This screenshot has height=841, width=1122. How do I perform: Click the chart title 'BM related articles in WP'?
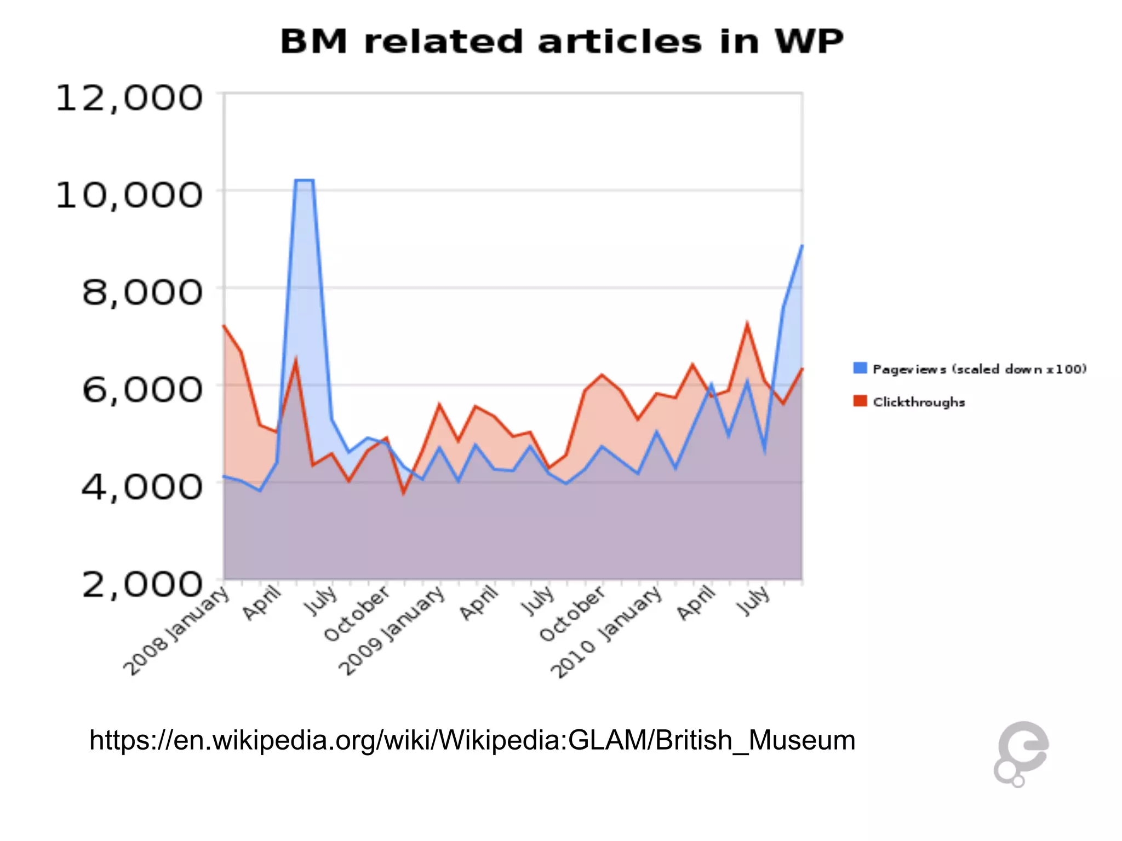[x=562, y=42]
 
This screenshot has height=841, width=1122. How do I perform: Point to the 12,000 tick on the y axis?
[x=129, y=99]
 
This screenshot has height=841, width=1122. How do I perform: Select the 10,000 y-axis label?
[x=129, y=195]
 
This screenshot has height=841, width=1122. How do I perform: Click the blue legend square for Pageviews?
[x=860, y=368]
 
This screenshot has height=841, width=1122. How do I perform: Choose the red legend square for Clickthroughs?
[x=860, y=401]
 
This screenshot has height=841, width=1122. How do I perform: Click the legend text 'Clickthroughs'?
[x=919, y=402]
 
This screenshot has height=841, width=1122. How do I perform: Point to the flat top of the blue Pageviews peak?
[x=304, y=180]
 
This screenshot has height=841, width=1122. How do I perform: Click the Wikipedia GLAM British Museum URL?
[x=472, y=740]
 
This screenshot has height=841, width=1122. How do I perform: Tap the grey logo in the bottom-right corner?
[x=1021, y=753]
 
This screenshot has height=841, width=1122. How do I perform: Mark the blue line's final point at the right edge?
[x=802, y=246]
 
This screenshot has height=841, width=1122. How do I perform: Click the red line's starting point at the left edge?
[x=224, y=326]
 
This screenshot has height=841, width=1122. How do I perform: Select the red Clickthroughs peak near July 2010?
[x=747, y=324]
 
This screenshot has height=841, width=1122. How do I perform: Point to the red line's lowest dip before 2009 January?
[x=404, y=493]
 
